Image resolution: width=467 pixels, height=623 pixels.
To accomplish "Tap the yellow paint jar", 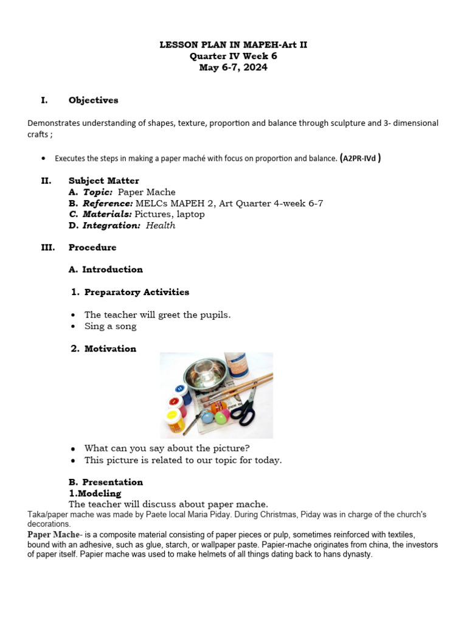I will [x=176, y=421].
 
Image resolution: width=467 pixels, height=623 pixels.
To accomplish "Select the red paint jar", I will [x=175, y=403].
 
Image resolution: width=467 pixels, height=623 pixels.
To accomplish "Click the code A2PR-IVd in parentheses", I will [x=361, y=158].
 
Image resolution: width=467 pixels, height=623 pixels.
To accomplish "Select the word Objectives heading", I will [x=93, y=100].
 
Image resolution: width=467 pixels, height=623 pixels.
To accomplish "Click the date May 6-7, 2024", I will [x=233, y=68].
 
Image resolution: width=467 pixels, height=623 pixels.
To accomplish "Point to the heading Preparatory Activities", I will [x=136, y=292].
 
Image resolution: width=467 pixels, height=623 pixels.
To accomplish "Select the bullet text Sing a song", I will [x=110, y=326].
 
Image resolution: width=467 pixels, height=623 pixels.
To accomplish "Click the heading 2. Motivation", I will [x=104, y=349].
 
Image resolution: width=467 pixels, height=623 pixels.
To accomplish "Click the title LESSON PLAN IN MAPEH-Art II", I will [x=233, y=45].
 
